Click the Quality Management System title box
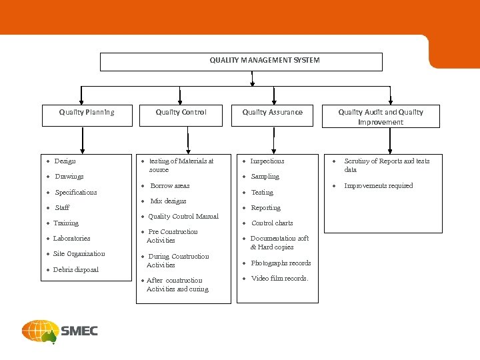coord(241,61)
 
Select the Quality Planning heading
coord(87,112)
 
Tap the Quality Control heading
coord(181,112)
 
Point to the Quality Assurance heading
coord(272,112)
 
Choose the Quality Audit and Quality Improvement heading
coord(381,117)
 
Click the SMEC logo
coord(60,331)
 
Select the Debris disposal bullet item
coord(75,269)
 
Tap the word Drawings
coord(69,177)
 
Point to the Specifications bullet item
coord(76,192)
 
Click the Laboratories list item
coord(71,238)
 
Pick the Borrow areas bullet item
coord(169,185)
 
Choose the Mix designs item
coord(168,201)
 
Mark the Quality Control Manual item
coord(183,216)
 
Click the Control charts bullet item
coord(272,223)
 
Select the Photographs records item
coord(281,263)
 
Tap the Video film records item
coord(279,278)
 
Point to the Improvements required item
coord(378,185)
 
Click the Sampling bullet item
coord(265,177)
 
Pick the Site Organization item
coord(79,253)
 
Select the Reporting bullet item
coord(265,207)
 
